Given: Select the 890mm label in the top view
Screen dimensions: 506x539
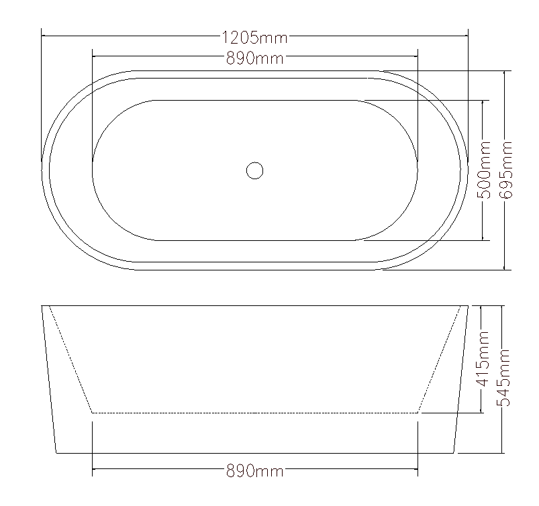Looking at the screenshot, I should (254, 58).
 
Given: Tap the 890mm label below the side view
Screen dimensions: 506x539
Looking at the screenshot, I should (254, 472).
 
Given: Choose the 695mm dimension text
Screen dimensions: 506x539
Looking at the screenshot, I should (506, 169).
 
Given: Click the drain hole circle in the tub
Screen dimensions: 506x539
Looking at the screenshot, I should (254, 170).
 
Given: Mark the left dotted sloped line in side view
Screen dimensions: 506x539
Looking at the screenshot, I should (70, 359).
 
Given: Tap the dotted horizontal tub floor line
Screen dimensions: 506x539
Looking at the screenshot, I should (255, 412).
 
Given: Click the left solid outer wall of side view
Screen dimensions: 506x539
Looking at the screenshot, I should (49, 379).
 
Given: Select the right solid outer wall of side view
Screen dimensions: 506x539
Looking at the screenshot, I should (461, 379).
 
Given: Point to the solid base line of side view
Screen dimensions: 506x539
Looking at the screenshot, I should (255, 453).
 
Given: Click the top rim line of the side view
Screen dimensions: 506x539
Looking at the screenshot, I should (255, 306).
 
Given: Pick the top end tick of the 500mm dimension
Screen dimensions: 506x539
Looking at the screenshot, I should (483, 101).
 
